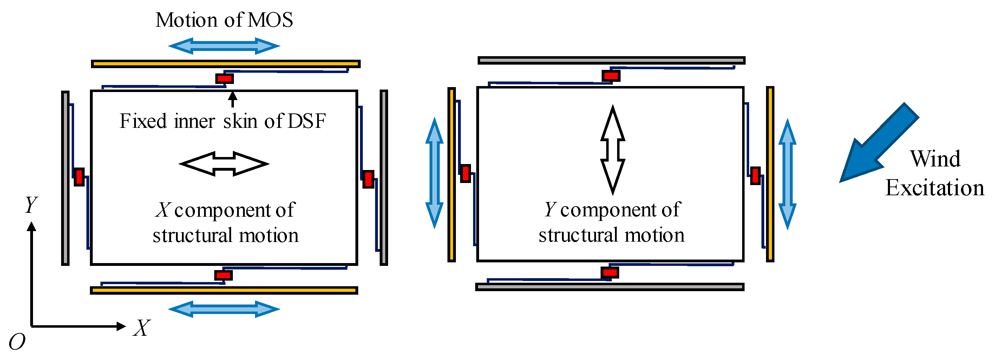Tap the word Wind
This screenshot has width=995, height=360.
[x=935, y=159]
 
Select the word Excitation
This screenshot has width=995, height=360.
[x=934, y=188]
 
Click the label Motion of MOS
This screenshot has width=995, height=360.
[x=224, y=20]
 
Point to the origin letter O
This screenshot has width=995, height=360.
[x=17, y=342]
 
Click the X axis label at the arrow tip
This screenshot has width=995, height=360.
[x=142, y=328]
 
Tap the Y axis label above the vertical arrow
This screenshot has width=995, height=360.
[x=31, y=204]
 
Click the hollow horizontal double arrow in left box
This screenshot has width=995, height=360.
[x=224, y=164]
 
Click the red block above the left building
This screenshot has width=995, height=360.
[x=224, y=79]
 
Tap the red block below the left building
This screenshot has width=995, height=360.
[x=223, y=275]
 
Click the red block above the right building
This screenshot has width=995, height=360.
[x=611, y=76]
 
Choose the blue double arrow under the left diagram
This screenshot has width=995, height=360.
[x=224, y=309]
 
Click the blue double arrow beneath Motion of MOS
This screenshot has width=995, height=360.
[x=224, y=46]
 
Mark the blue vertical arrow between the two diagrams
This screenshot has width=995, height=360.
[x=434, y=173]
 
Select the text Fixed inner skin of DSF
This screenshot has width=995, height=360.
[x=222, y=121]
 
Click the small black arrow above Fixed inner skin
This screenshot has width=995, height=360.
[x=232, y=99]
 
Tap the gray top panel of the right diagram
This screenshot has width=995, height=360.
[x=611, y=60]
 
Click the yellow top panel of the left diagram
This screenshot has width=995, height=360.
[x=225, y=64]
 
